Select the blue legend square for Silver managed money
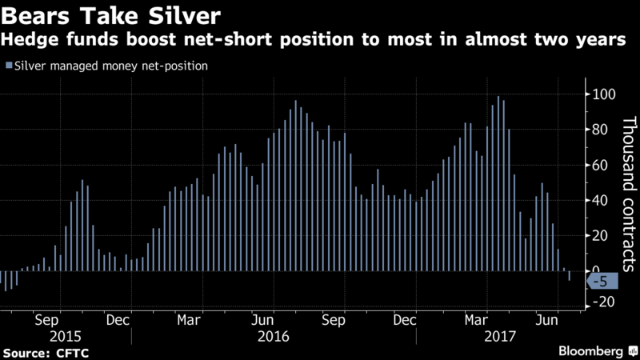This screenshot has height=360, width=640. click(9, 66)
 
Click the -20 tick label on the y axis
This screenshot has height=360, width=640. click(602, 302)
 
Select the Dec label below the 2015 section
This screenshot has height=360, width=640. click(118, 320)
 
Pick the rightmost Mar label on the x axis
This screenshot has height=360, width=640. click(475, 320)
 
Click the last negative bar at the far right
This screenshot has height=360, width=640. click(569, 276)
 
